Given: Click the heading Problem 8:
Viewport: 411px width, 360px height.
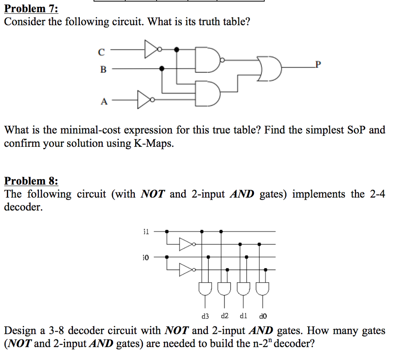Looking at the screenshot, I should pyautogui.click(x=31, y=181).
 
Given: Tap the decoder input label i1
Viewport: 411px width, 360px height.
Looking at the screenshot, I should pyautogui.click(x=146, y=231).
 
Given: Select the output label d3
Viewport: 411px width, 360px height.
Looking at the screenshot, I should pyautogui.click(x=205, y=316).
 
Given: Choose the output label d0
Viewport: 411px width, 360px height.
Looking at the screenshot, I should pyautogui.click(x=263, y=316).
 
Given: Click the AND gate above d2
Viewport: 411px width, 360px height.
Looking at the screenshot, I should pyautogui.click(x=224, y=288).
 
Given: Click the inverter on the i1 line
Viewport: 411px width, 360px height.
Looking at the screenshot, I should pyautogui.click(x=186, y=244).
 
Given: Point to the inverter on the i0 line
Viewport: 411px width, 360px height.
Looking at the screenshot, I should pyautogui.click(x=186, y=270).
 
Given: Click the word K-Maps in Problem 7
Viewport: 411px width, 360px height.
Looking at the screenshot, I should pyautogui.click(x=153, y=144).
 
